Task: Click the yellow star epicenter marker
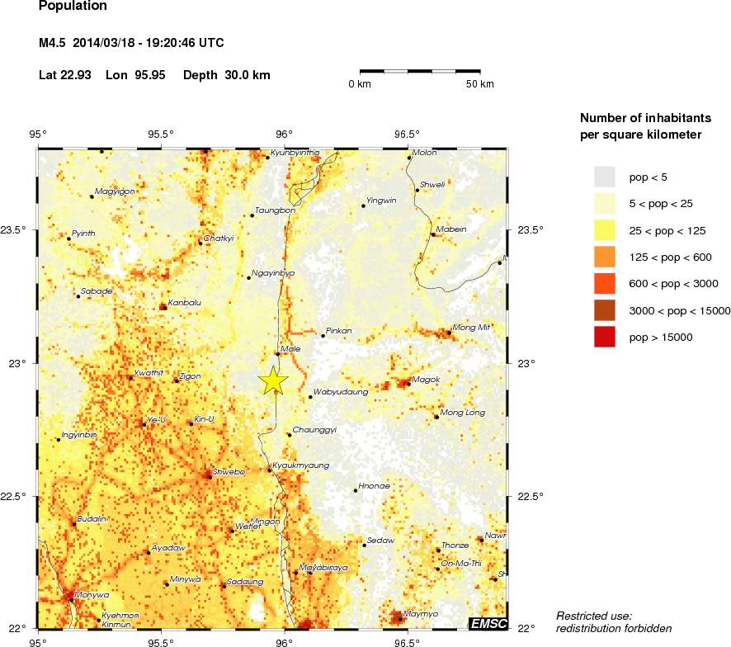[273, 380]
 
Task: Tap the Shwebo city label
[229, 472]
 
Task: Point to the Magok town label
[426, 380]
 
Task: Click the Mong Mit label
[471, 328]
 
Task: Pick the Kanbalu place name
[184, 302]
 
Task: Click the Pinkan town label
[339, 331]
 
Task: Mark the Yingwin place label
[381, 201]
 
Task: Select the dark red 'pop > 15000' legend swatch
[605, 337]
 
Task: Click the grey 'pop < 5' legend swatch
[605, 176]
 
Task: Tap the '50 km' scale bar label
[479, 84]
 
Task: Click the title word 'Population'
[73, 6]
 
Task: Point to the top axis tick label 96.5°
[407, 135]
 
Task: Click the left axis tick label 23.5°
[21, 229]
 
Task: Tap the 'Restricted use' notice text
[594, 616]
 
